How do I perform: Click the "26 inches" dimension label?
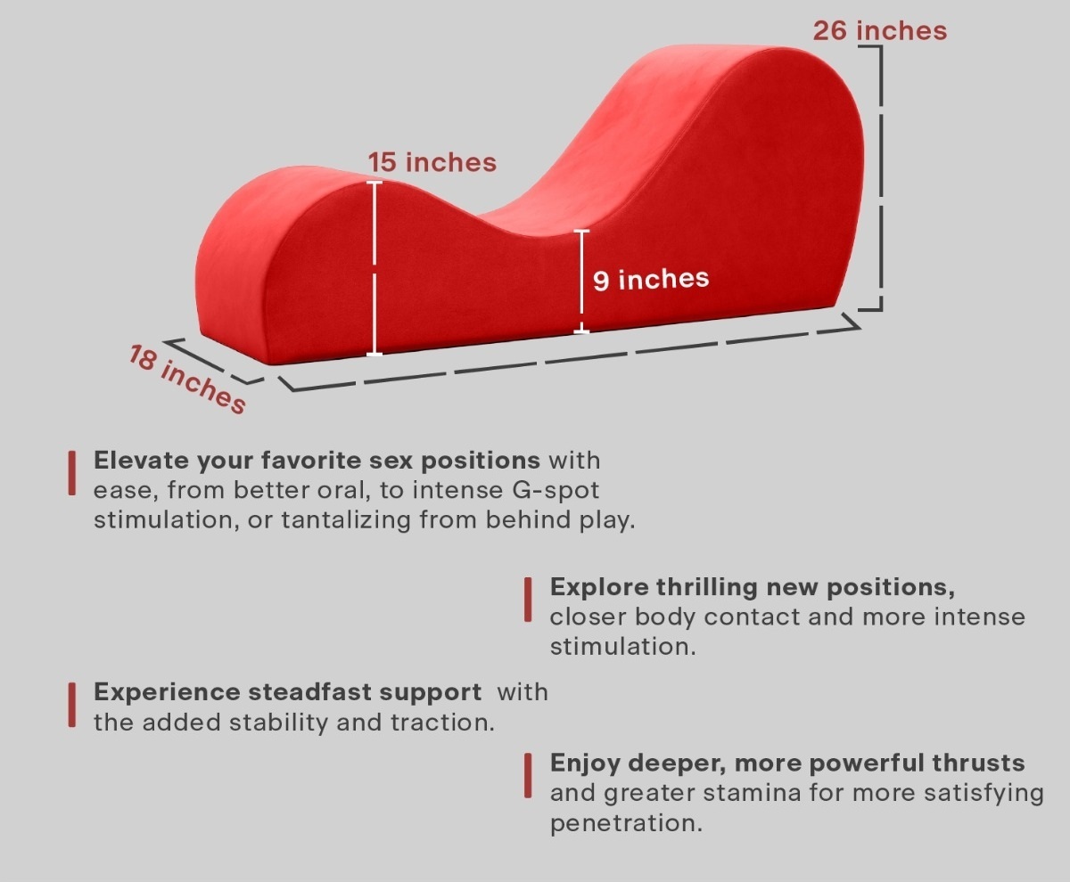[x=880, y=30]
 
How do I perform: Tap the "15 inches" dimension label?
[x=432, y=162]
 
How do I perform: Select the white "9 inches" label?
[x=651, y=280]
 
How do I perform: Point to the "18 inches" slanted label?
[x=187, y=379]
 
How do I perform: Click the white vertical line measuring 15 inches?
[x=374, y=268]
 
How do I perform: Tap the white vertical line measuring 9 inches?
[x=581, y=282]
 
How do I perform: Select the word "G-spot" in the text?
[x=556, y=491]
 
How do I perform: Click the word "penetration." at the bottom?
[x=626, y=823]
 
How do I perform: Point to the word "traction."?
[x=443, y=723]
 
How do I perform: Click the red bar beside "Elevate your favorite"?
[x=72, y=473]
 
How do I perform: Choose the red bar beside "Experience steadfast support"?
[x=72, y=705]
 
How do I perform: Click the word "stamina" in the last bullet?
[x=752, y=794]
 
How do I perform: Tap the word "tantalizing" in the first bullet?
[x=346, y=520]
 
